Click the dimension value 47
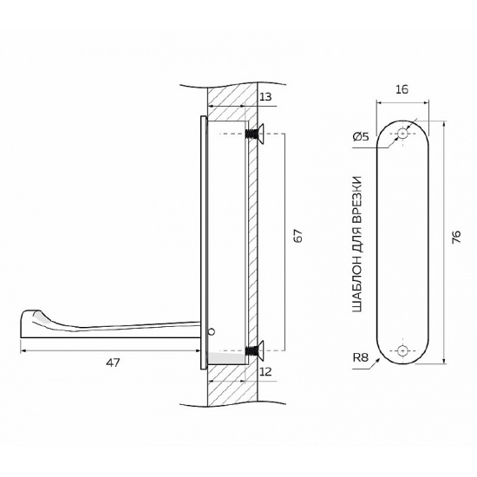[x=113, y=363]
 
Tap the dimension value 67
[x=298, y=235]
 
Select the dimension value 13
[x=265, y=97]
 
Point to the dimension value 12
[x=265, y=371]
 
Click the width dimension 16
[x=402, y=89]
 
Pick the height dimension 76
[x=456, y=237]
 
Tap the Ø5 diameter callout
[x=361, y=137]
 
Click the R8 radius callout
[x=361, y=357]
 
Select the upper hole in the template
[x=402, y=134]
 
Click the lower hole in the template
[x=402, y=350]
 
